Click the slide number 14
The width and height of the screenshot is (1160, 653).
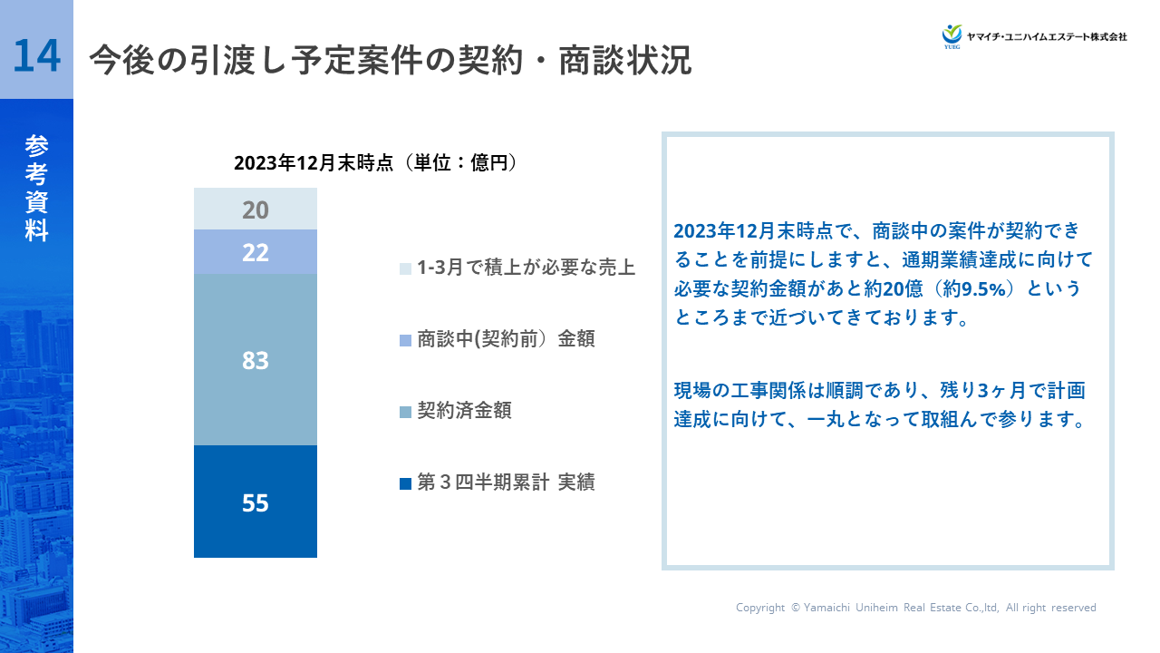(36, 56)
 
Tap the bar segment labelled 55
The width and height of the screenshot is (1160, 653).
(256, 502)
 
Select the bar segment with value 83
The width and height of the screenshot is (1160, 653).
(256, 359)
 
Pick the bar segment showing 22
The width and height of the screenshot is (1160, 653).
(256, 252)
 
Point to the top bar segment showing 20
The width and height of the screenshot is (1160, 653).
(256, 209)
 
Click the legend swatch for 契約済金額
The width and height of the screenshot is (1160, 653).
(405, 412)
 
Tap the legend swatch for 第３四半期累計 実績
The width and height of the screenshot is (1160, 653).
(405, 483)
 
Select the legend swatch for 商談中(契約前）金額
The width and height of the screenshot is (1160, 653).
(405, 340)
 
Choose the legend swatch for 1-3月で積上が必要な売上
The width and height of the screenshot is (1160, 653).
(405, 268)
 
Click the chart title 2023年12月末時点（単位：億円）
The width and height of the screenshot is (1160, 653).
(375, 162)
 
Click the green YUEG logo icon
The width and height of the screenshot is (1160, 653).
(952, 35)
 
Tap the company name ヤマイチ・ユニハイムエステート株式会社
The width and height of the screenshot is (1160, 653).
(1047, 37)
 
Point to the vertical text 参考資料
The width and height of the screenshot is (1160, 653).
(36, 188)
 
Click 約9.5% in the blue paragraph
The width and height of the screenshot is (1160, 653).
(974, 288)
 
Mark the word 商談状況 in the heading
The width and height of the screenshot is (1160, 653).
(625, 60)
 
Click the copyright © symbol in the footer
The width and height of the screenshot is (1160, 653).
(796, 608)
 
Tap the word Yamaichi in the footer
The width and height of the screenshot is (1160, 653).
(826, 608)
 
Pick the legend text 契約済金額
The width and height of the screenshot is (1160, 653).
(465, 411)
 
